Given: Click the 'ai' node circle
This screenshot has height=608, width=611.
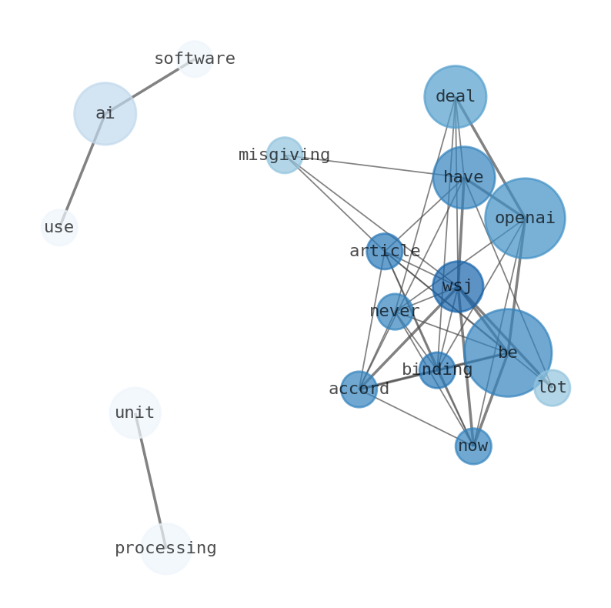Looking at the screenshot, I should (x=105, y=114).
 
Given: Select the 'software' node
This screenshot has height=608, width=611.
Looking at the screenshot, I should (x=195, y=59).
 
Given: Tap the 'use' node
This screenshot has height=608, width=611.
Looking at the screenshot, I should (x=59, y=228).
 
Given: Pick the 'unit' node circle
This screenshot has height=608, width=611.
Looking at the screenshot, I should (x=135, y=413).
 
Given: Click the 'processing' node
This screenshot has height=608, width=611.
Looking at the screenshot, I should (x=165, y=549).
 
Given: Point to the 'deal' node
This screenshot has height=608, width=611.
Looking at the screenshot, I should (x=455, y=97).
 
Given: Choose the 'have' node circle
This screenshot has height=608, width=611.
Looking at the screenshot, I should (x=463, y=178).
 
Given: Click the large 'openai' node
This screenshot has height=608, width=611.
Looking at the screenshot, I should (x=525, y=219).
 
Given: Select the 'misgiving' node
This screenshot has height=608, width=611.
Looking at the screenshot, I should (x=285, y=155).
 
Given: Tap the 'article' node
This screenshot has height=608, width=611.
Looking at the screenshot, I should (x=384, y=252).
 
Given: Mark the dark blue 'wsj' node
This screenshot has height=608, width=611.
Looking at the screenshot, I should (x=458, y=287).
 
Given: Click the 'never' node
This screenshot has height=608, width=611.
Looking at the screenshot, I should (x=395, y=312).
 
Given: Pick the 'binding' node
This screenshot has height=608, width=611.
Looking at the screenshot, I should (x=437, y=370).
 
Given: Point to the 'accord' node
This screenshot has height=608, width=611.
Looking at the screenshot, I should (x=359, y=389).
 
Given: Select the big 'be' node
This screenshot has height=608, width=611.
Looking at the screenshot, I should (x=508, y=353).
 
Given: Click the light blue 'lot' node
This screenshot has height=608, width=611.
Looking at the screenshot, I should (x=552, y=388).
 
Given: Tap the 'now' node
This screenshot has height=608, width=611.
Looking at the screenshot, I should (x=473, y=446).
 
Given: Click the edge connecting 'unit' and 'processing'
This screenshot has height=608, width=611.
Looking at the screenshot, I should (x=150, y=481).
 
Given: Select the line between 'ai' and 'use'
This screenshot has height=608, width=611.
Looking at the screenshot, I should (x=82, y=171).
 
